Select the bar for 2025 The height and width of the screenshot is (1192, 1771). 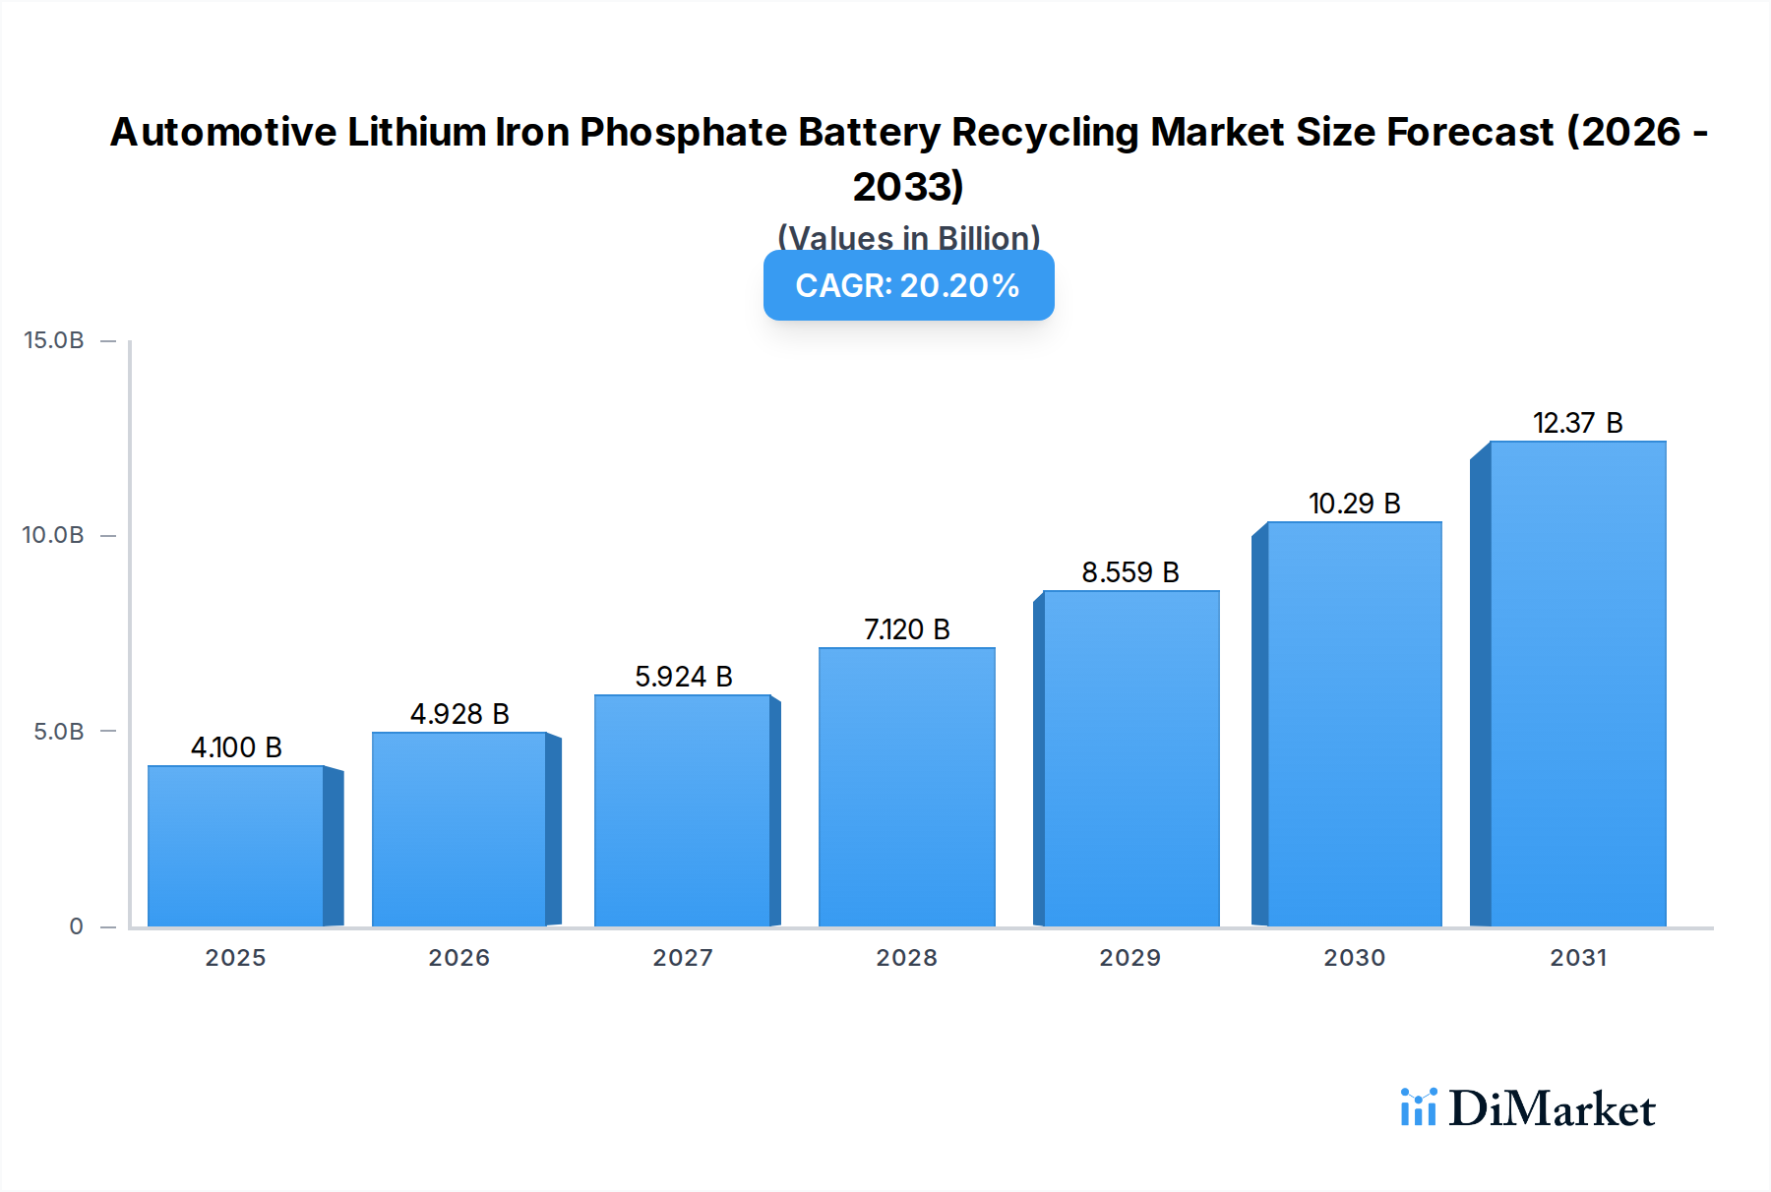[x=236, y=846]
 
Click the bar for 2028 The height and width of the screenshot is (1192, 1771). [x=906, y=787]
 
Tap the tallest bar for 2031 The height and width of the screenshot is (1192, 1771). [x=1577, y=684]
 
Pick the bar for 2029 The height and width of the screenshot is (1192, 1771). [x=1130, y=757]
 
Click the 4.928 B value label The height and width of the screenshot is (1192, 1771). [x=459, y=714]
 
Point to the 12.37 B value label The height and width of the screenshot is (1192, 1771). [x=1577, y=423]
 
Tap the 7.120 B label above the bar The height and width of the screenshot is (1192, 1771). [x=906, y=629]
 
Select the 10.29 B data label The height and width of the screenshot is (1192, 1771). [x=1354, y=504]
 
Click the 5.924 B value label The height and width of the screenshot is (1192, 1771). [x=683, y=677]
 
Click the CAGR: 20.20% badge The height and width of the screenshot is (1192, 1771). [x=908, y=285]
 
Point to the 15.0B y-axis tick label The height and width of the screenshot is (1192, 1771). [x=54, y=340]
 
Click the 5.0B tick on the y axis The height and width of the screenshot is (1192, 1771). [x=59, y=732]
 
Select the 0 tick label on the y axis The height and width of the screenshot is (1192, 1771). [x=76, y=926]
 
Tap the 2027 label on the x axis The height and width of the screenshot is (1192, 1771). [x=683, y=958]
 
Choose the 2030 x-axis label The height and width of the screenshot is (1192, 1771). [x=1354, y=958]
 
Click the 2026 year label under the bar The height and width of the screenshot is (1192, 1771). [x=458, y=958]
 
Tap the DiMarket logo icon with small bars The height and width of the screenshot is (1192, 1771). [x=1418, y=1107]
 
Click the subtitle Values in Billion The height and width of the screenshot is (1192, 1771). [x=908, y=238]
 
